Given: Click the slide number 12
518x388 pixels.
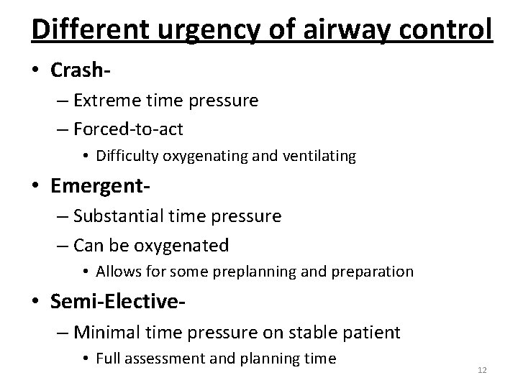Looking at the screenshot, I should pyautogui.click(x=482, y=369).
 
